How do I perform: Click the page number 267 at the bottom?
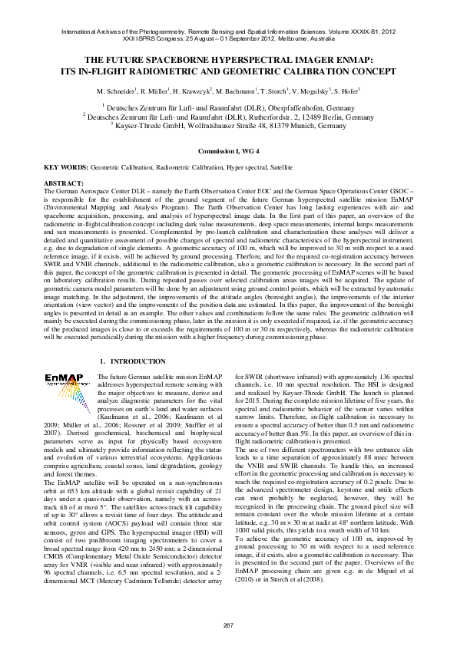(x=228, y=626)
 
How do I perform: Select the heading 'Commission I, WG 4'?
(x=228, y=153)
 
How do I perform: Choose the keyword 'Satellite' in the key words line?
(x=280, y=166)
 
